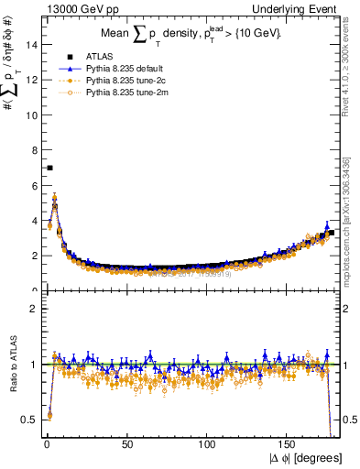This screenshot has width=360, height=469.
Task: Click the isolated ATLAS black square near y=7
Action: pos(49,168)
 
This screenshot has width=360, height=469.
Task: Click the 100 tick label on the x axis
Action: pos(208,446)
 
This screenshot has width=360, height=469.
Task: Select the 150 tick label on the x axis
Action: pos(289,446)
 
